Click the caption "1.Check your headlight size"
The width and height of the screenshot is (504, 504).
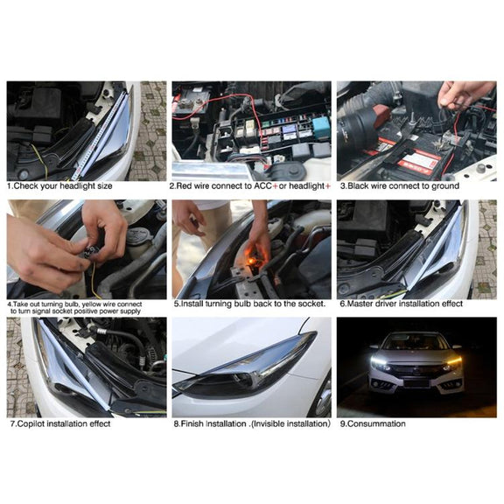click(59, 185)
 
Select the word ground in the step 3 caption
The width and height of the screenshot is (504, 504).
click(444, 186)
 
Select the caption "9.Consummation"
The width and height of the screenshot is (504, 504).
click(373, 423)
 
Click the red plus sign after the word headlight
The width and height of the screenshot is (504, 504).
click(327, 186)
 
